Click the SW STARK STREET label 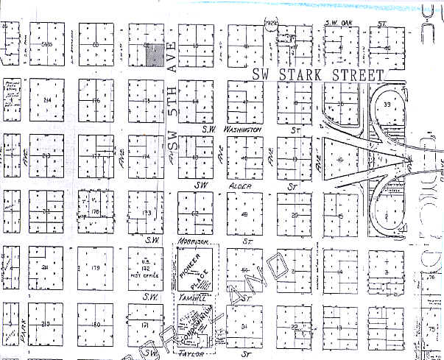[x=317, y=75]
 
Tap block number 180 [x=96, y=325]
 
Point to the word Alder [x=243, y=187]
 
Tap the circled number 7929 [x=271, y=24]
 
